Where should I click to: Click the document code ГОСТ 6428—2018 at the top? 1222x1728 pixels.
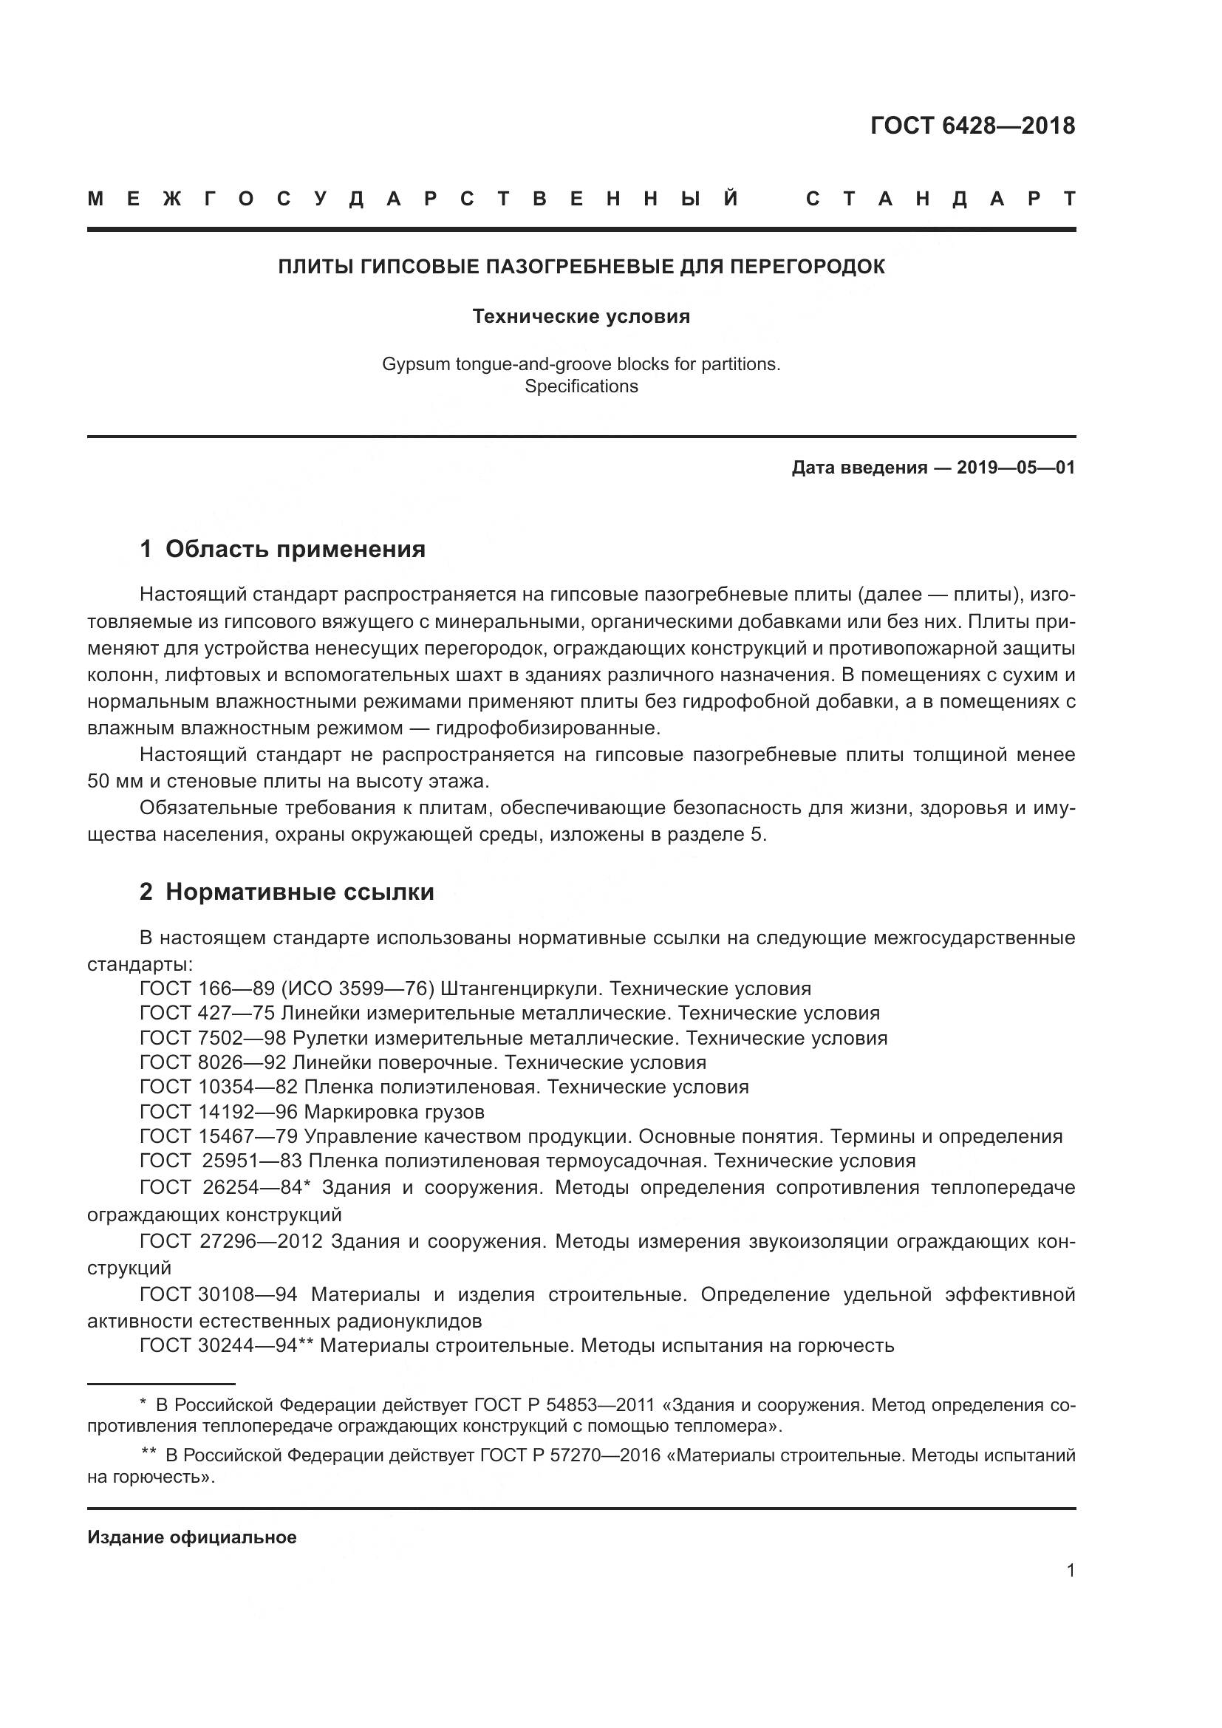point(972,126)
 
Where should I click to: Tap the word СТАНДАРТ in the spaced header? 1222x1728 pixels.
point(941,199)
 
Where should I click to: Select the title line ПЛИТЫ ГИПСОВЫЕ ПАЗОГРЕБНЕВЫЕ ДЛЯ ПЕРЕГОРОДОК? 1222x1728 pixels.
point(581,267)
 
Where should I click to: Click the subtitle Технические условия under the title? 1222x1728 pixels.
point(581,316)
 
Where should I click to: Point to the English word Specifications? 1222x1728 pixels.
point(581,386)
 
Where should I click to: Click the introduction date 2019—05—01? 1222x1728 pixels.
point(1015,468)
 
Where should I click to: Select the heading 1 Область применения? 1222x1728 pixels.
point(283,549)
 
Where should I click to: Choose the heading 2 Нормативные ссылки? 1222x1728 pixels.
point(287,892)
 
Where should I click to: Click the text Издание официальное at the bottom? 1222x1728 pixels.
point(192,1537)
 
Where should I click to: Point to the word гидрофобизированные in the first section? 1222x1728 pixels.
point(547,728)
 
